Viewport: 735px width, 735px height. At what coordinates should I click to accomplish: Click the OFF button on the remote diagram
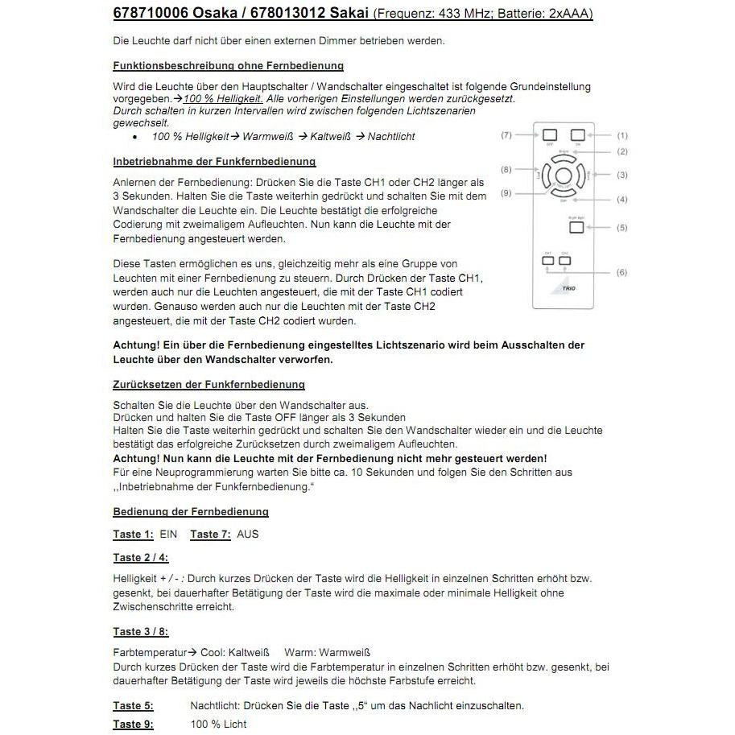(x=549, y=135)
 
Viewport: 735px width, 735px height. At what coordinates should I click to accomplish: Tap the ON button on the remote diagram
(x=577, y=135)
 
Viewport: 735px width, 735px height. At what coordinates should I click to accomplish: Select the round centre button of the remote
(x=563, y=175)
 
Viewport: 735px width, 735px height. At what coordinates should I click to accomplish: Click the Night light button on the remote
(x=576, y=228)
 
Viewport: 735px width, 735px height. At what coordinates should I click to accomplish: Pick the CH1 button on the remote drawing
(x=547, y=261)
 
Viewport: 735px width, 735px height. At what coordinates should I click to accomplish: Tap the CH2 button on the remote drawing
(x=565, y=261)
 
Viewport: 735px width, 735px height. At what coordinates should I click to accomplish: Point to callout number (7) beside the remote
(x=506, y=135)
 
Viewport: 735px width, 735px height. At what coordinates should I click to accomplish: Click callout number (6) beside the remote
(x=621, y=273)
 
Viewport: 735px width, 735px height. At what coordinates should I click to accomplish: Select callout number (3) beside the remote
(x=621, y=175)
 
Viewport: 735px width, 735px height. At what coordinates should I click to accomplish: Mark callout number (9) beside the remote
(x=506, y=193)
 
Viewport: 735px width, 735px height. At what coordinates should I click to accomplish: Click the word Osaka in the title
(x=190, y=14)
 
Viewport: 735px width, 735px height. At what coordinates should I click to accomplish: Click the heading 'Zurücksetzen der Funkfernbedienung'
(x=209, y=385)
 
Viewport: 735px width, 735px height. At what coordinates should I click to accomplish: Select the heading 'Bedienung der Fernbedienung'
(x=191, y=511)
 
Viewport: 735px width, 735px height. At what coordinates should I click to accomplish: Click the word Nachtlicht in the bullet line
(x=391, y=137)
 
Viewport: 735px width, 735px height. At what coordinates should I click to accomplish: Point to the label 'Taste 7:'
(x=210, y=534)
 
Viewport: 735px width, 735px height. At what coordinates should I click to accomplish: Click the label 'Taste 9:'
(x=133, y=724)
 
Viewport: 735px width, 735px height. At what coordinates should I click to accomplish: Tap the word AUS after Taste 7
(x=248, y=534)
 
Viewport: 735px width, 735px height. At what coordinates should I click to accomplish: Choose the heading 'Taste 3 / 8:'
(x=141, y=632)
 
